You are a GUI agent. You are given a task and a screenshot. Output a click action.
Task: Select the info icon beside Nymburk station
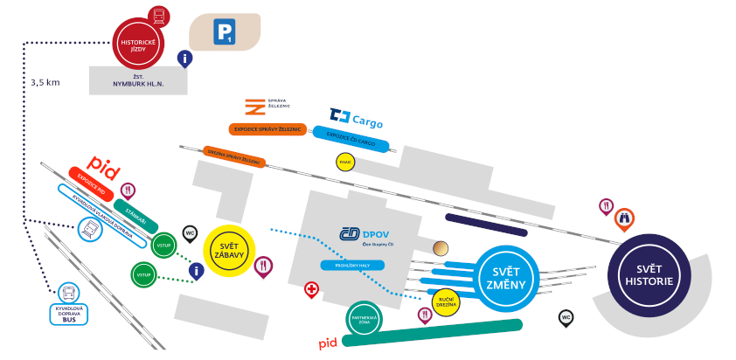pos(184,59)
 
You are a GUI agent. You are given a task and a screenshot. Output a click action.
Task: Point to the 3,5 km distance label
pos(45,82)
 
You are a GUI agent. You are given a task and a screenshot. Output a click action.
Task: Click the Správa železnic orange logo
pos(255,107)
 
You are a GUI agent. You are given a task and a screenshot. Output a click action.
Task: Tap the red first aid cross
pos(311,289)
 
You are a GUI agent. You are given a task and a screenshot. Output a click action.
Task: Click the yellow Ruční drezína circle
pos(445,301)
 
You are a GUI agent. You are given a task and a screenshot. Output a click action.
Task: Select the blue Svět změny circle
pos(505,279)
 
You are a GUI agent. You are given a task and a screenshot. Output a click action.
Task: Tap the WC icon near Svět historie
pos(566,317)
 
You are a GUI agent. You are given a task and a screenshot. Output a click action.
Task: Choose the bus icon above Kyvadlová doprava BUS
pos(68,292)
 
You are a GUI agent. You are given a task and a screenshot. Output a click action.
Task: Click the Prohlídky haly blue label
pos(352,264)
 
